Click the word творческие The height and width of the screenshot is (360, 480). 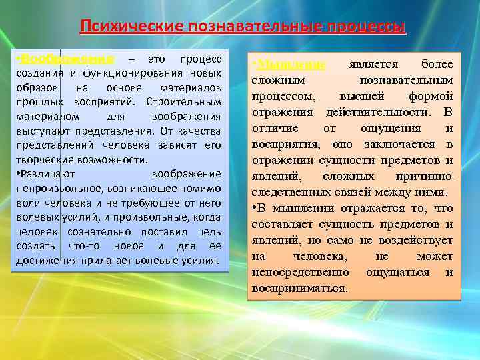point(47,161)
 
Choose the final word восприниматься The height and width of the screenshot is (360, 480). point(300,289)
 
